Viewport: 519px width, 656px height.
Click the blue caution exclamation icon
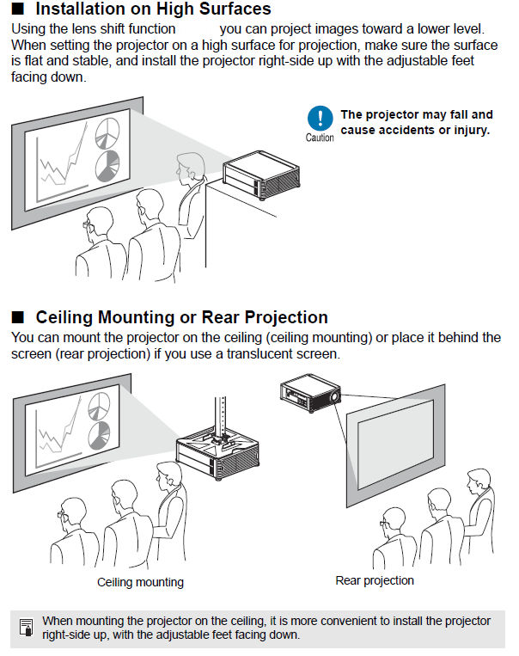(320, 118)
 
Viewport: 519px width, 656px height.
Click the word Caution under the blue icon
(320, 138)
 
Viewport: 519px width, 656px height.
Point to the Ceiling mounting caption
(140, 582)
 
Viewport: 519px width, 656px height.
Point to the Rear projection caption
(375, 580)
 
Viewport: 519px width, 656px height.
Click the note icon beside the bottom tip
(27, 628)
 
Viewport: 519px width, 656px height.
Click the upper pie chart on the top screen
(106, 133)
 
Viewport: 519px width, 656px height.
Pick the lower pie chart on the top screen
(107, 164)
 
